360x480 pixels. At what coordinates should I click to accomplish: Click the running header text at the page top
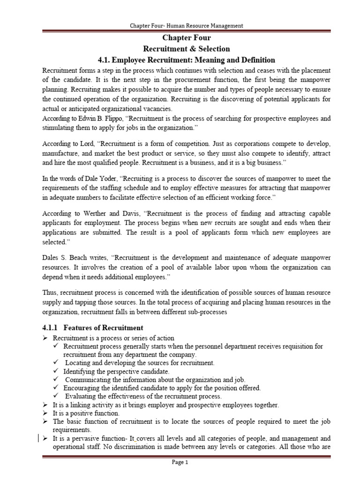tap(186, 26)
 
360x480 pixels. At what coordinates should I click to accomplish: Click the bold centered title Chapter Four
tap(186, 38)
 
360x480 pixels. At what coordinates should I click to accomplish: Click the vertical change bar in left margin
tap(38, 439)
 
